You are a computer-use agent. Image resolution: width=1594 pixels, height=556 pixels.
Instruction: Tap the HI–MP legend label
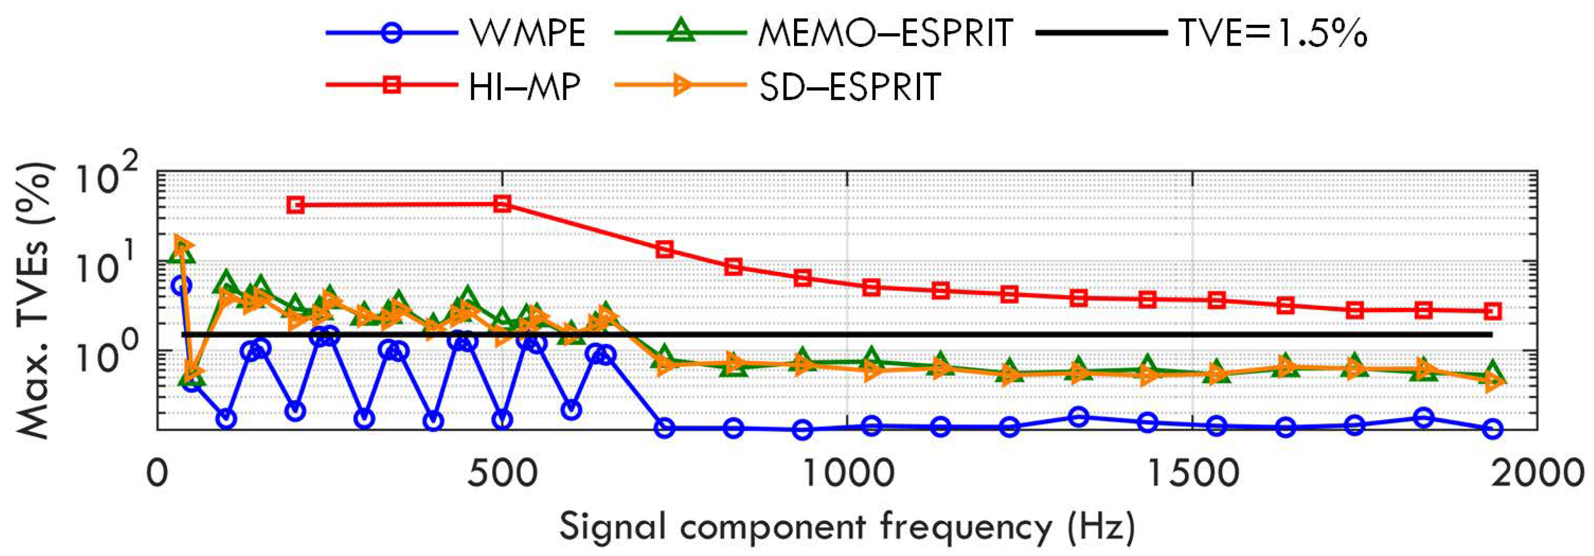pyautogui.click(x=524, y=86)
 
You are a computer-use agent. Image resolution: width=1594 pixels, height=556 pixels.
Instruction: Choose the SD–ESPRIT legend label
pyautogui.click(x=850, y=86)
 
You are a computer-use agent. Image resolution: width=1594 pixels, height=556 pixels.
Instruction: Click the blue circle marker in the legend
pyautogui.click(x=392, y=32)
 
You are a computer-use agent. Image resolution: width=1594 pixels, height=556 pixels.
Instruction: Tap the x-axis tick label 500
pyautogui.click(x=502, y=473)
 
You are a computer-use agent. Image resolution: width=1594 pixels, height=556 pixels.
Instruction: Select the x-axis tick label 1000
pyautogui.click(x=847, y=473)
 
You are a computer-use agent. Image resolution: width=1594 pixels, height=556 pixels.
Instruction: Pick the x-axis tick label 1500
pyautogui.click(x=1192, y=473)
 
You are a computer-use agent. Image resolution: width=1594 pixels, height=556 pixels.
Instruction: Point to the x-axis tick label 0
pyautogui.click(x=157, y=473)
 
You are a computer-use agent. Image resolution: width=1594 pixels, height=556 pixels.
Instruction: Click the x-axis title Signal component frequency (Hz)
pyautogui.click(x=846, y=527)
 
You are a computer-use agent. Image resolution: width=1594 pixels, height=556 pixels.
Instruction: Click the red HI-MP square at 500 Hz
pyautogui.click(x=502, y=204)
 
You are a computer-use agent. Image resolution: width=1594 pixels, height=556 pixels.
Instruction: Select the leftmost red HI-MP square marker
pyautogui.click(x=296, y=205)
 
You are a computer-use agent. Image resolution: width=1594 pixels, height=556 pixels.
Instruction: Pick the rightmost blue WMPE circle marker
pyautogui.click(x=1493, y=428)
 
